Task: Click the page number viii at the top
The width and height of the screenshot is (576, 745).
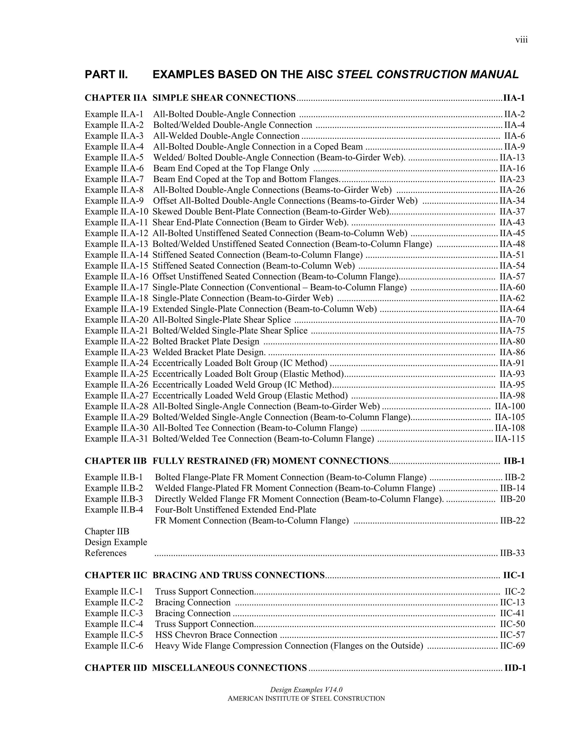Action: (521, 40)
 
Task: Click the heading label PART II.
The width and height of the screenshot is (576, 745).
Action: (106, 74)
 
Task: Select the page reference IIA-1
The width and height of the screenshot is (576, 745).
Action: (514, 98)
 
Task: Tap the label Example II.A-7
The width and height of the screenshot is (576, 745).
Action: (114, 179)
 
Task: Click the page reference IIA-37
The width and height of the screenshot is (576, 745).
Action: (512, 211)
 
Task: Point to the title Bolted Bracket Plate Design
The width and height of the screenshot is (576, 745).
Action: (206, 342)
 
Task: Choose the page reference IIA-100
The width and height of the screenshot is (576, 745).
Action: (510, 406)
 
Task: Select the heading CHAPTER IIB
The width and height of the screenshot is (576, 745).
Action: (115, 461)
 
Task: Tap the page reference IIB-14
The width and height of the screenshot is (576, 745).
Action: (512, 488)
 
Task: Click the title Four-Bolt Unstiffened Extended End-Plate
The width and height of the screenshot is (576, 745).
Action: (235, 510)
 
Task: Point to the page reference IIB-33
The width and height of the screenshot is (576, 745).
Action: (512, 553)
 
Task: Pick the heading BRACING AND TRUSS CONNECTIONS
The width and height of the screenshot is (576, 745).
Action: (238, 575)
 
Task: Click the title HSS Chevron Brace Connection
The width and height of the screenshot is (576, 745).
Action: (216, 635)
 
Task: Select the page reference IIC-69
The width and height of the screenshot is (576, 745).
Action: (512, 646)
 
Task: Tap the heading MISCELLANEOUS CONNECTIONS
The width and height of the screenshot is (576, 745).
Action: (229, 668)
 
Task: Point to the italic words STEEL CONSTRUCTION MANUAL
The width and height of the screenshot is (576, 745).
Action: (427, 74)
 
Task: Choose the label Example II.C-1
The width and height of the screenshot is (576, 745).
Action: (114, 592)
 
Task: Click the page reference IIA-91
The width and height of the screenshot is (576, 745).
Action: (512, 363)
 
